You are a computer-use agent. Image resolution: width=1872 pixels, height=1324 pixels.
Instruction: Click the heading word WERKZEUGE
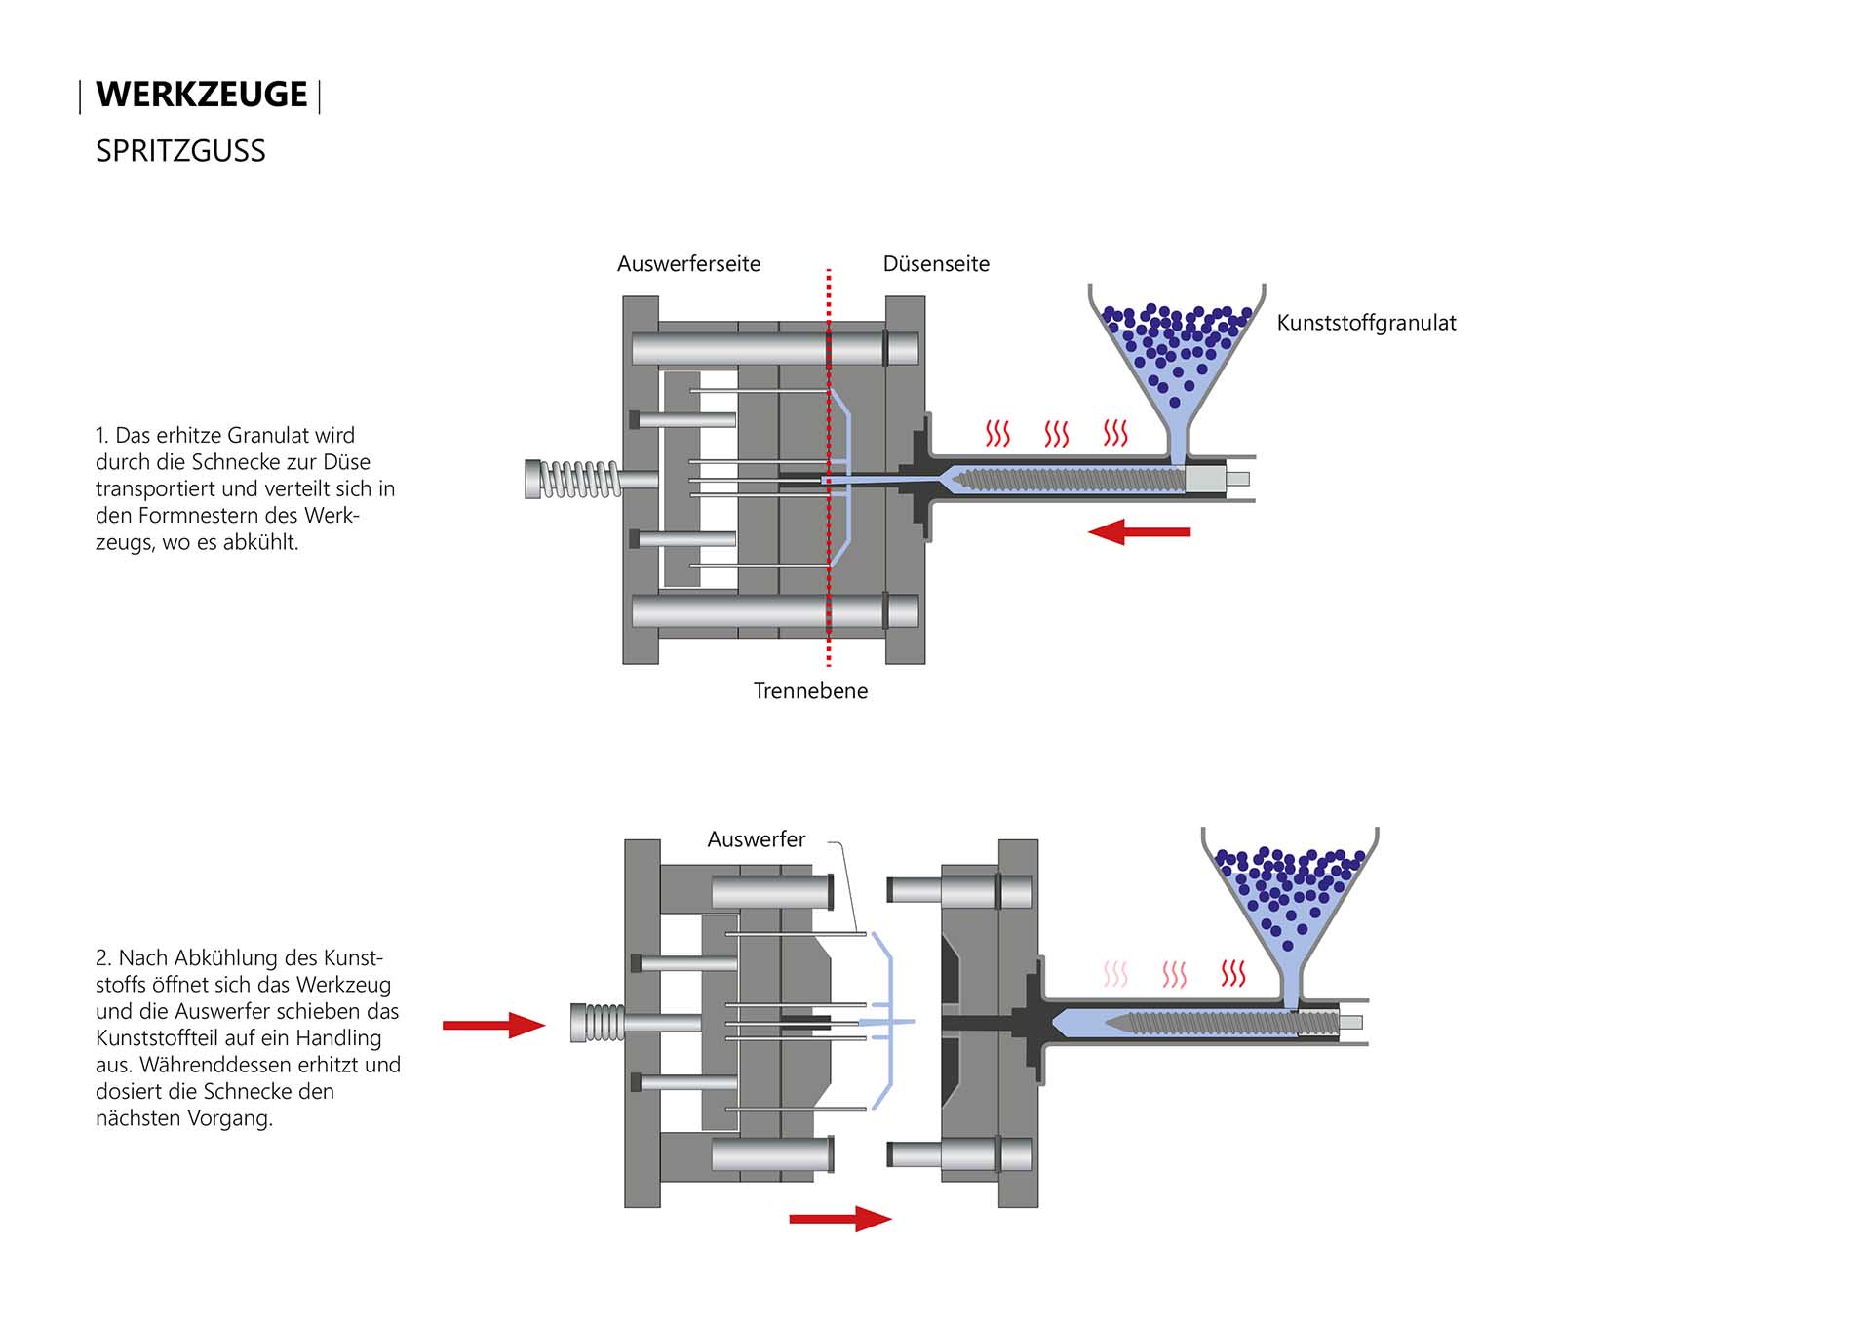[201, 95]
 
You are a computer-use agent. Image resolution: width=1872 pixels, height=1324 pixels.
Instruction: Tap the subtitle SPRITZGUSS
[180, 151]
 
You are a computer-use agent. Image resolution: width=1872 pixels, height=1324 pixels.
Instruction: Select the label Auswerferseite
[688, 264]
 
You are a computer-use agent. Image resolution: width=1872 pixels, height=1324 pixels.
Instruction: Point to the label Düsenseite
[936, 264]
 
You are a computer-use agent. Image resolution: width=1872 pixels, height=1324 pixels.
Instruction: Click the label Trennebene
[810, 691]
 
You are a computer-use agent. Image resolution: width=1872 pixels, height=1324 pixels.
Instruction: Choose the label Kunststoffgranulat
[1366, 323]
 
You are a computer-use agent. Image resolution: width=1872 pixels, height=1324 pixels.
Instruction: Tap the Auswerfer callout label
[756, 839]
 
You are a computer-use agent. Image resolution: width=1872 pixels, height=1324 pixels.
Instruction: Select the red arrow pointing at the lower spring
[493, 1025]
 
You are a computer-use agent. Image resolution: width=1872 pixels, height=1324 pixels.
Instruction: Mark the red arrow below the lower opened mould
[839, 1219]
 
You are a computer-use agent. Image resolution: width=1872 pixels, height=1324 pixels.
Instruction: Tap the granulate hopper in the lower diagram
[1289, 902]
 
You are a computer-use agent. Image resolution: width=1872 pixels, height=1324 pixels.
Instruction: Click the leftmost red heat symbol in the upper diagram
[997, 434]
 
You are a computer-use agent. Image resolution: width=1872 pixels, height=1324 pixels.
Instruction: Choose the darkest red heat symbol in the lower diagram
[1233, 973]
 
